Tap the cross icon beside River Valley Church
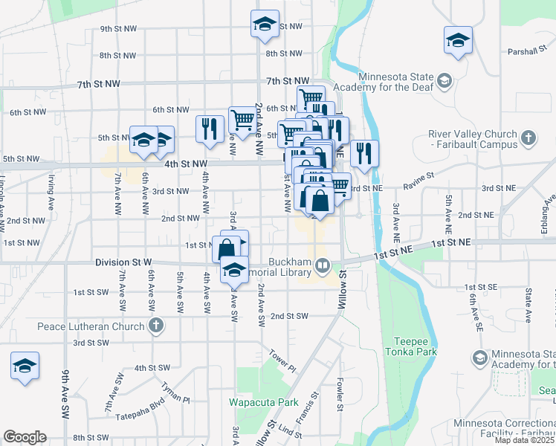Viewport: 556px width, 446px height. (x=528, y=138)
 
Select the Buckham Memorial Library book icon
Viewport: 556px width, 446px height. (x=323, y=264)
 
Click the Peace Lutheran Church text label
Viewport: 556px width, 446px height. (x=92, y=326)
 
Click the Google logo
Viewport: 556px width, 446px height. (x=25, y=437)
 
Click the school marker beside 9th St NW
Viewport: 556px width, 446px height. (x=265, y=24)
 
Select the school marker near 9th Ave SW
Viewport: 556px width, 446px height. (x=25, y=366)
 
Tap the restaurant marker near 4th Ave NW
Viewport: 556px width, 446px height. (x=210, y=128)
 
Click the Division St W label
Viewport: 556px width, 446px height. (x=123, y=262)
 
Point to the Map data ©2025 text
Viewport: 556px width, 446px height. (x=524, y=440)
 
